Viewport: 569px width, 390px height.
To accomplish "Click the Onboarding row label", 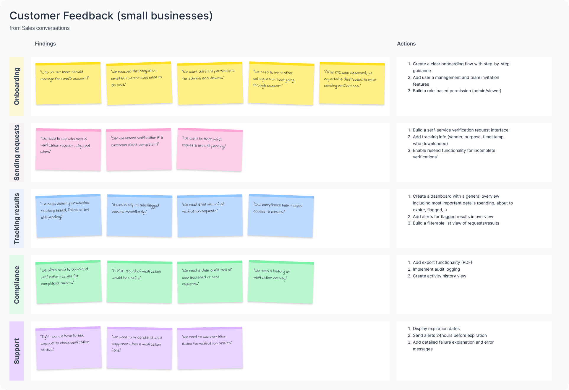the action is pyautogui.click(x=17, y=86).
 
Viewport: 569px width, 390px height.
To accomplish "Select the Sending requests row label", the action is pyautogui.click(x=17, y=152).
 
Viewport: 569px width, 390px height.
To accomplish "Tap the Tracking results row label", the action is pyautogui.click(x=17, y=218).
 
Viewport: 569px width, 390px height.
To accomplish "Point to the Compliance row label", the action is pyautogui.click(x=17, y=285).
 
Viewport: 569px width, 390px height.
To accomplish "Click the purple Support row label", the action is pyautogui.click(x=17, y=351).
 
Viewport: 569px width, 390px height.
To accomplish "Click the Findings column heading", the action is pyautogui.click(x=45, y=44).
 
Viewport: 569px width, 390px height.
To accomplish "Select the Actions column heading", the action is pyautogui.click(x=406, y=44).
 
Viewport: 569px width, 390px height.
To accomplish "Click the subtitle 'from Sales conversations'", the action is pyautogui.click(x=40, y=28).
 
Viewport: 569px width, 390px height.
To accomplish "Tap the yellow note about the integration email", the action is pyautogui.click(x=139, y=83).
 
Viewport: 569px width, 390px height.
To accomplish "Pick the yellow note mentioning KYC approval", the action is pyautogui.click(x=352, y=83).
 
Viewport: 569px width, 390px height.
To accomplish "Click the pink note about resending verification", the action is pyautogui.click(x=139, y=149).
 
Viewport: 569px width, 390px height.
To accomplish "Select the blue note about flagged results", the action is pyautogui.click(x=139, y=216).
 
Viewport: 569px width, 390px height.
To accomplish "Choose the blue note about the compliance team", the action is pyautogui.click(x=281, y=216).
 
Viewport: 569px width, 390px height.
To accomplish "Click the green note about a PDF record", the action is pyautogui.click(x=139, y=282).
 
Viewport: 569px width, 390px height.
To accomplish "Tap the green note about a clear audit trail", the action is pyautogui.click(x=210, y=282).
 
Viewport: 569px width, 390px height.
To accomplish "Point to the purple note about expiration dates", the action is pyautogui.click(x=210, y=348).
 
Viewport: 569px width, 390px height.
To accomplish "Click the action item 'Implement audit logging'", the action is pyautogui.click(x=436, y=269).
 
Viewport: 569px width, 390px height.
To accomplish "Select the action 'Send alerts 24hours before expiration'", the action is pyautogui.click(x=450, y=335).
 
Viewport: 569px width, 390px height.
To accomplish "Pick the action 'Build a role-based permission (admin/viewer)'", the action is pyautogui.click(x=457, y=91).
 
